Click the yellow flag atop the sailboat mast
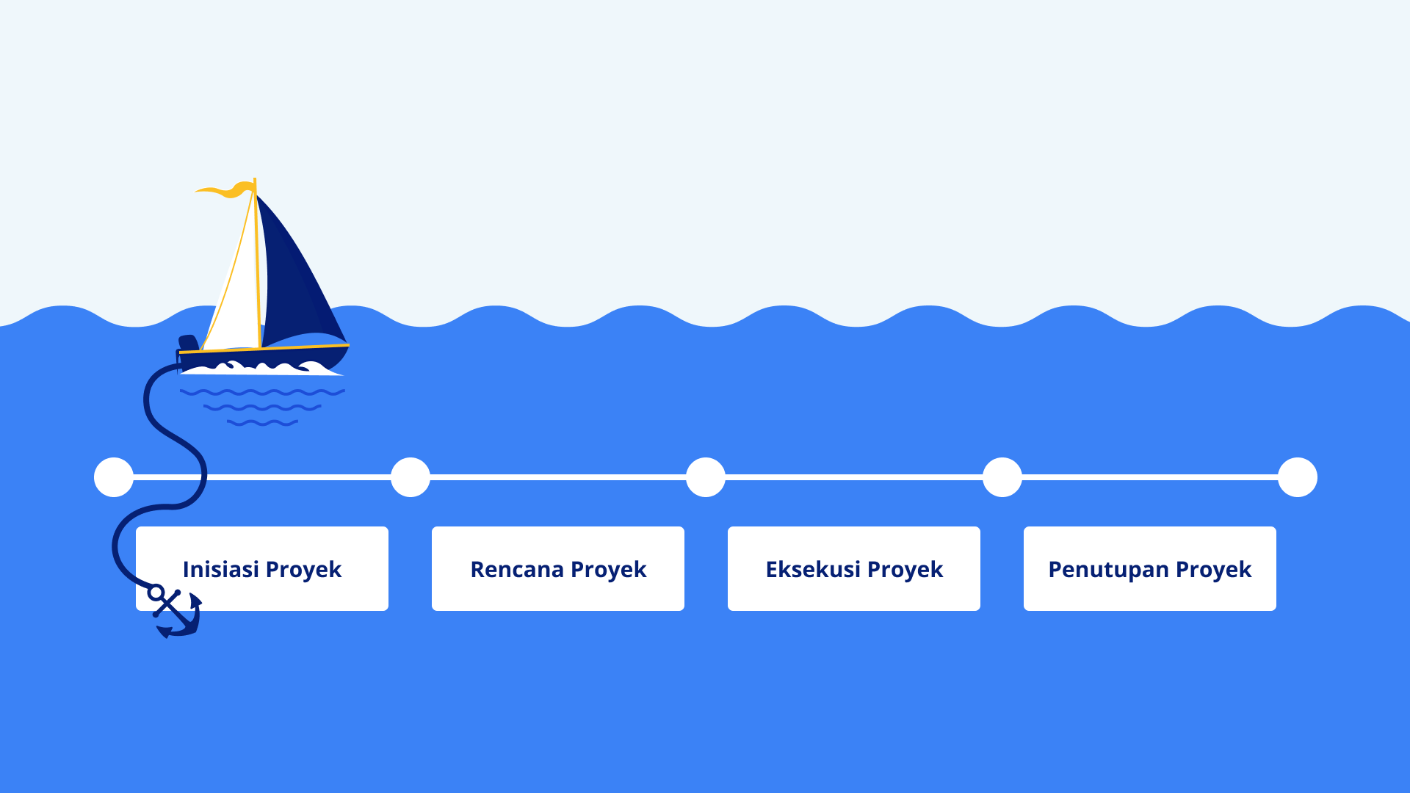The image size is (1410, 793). click(224, 189)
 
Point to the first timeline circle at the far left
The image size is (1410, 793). click(114, 477)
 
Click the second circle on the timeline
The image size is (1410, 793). click(411, 477)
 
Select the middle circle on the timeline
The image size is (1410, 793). click(706, 477)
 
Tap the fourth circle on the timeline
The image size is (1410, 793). click(1002, 477)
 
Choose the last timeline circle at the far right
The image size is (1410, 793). click(1298, 477)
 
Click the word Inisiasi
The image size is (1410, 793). click(220, 569)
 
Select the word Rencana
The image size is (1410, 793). click(517, 569)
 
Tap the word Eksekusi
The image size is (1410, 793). click(813, 569)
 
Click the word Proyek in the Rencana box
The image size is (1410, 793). click(608, 571)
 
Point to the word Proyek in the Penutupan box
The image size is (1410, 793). click(1213, 571)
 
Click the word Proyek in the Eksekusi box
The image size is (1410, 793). click(905, 571)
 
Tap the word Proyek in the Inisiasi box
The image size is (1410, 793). click(303, 571)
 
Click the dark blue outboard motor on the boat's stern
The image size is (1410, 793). click(188, 343)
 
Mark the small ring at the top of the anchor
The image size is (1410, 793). click(156, 592)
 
